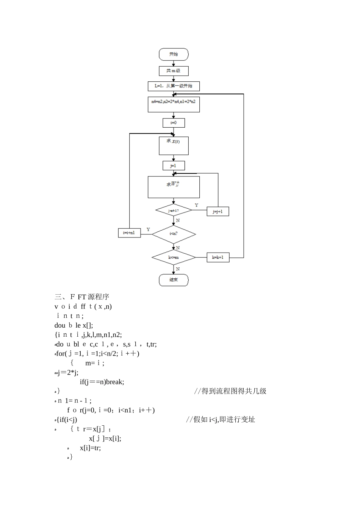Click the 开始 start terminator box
pos(174,54)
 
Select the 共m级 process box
pos(174,71)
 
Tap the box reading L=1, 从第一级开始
pos(174,86)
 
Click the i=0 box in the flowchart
pos(174,123)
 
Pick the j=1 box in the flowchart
pos(174,166)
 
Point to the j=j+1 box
pos(218,211)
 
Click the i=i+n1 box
pos(129,233)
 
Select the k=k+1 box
pos(218,258)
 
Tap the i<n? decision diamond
pos(174,234)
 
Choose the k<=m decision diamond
pos(174,258)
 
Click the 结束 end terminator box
pos(174,280)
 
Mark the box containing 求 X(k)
pos(174,146)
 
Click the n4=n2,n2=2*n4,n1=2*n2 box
pos(174,105)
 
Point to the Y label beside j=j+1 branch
pos(196,205)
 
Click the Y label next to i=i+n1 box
pos(148,230)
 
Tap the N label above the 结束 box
pos(178,269)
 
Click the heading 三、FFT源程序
pos(82,297)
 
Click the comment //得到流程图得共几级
pos(230,391)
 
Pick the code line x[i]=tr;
pos(90,448)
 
